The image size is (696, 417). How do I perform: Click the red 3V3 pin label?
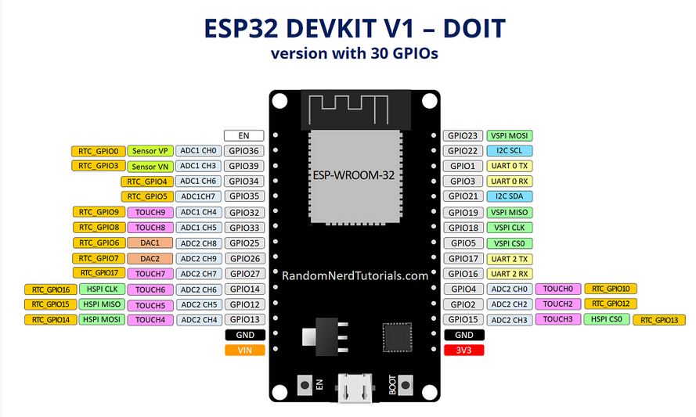(x=463, y=350)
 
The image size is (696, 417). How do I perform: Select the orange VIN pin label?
(x=244, y=350)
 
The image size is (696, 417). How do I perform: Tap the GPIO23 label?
(x=463, y=136)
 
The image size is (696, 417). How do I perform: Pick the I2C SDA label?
(x=510, y=196)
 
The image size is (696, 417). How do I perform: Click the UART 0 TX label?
(x=510, y=166)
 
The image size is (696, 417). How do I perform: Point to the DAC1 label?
(x=150, y=243)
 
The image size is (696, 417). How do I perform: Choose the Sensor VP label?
(x=150, y=151)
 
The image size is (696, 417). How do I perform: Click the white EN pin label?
(x=243, y=136)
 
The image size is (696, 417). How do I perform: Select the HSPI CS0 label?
(x=607, y=319)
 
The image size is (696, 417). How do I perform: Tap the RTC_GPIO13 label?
(x=659, y=320)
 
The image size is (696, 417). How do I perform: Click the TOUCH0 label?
(x=558, y=289)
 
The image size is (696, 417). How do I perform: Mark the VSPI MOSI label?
(x=510, y=136)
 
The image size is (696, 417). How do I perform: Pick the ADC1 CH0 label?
(x=198, y=151)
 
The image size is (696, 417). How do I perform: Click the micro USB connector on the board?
(x=355, y=388)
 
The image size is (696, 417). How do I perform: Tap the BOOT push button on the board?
(x=405, y=385)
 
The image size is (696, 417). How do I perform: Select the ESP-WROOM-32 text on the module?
(x=353, y=175)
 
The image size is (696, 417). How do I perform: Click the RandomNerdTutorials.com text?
(x=355, y=276)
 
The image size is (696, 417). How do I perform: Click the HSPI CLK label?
(x=102, y=289)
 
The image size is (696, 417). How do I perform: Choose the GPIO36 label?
(x=243, y=151)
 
